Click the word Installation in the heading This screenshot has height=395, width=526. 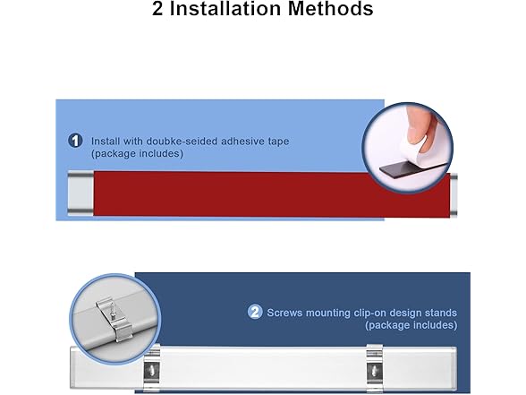coord(235,11)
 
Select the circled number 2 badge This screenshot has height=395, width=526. coord(255,312)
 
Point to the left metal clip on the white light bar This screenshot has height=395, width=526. coord(153,368)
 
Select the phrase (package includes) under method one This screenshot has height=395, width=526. coord(137,154)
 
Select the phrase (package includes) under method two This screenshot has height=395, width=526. coord(411,325)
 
